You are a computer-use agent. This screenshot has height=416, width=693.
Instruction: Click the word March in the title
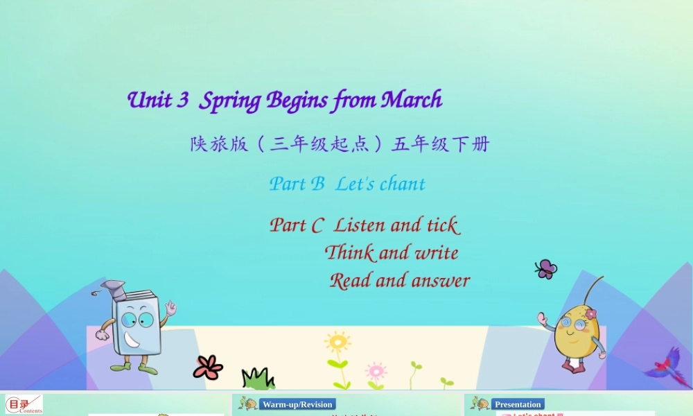tap(412, 101)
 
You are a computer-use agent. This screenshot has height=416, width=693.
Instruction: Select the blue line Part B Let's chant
tap(347, 184)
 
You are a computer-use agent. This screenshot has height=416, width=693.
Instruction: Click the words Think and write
tap(392, 252)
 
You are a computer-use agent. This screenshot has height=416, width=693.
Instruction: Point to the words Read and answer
tap(400, 281)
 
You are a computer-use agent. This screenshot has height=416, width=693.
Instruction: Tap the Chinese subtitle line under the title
tap(340, 144)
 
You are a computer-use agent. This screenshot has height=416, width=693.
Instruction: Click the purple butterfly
tap(546, 268)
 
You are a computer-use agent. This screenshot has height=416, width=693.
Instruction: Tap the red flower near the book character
tap(207, 367)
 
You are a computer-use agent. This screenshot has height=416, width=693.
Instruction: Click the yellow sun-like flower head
tap(337, 342)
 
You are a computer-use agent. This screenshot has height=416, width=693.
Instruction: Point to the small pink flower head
tap(376, 369)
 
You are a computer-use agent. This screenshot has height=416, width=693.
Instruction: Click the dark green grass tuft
tap(258, 379)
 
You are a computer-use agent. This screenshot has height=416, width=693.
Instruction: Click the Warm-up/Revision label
tap(298, 404)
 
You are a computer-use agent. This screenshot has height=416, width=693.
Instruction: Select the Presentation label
tap(518, 404)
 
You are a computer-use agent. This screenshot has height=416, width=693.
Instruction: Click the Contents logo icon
tap(24, 404)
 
